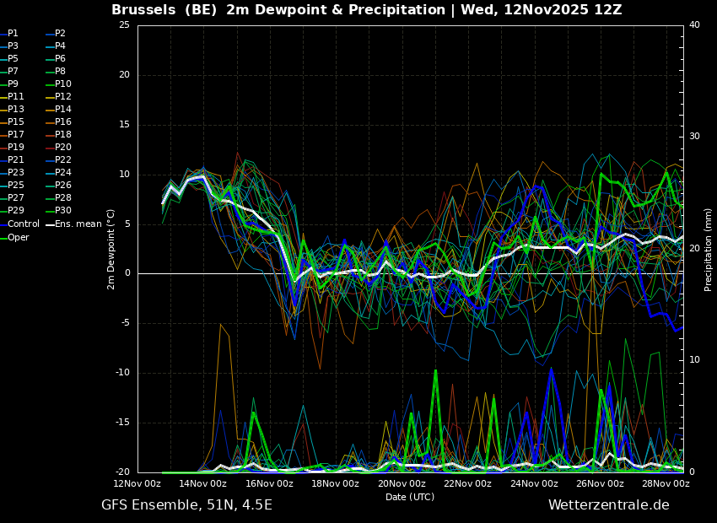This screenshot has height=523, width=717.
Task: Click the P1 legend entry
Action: click(x=9, y=34)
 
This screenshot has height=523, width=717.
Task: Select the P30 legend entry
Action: click(x=58, y=210)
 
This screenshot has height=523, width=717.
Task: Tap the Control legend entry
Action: click(x=19, y=224)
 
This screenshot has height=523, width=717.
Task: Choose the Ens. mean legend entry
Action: click(x=73, y=224)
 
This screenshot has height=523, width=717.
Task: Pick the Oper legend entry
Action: click(x=14, y=237)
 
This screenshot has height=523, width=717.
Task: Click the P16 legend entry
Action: click(x=58, y=121)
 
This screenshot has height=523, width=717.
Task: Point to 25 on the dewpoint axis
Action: click(x=124, y=24)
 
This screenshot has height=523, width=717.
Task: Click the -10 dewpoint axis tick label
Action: click(x=122, y=373)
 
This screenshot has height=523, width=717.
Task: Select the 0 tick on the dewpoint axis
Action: click(x=127, y=273)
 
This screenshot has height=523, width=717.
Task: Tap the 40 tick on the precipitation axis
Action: click(x=694, y=24)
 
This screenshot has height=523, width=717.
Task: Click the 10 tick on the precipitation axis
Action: click(x=694, y=360)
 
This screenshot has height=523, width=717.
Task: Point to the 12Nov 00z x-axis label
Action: click(x=137, y=483)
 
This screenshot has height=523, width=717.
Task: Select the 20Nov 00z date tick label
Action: click(x=402, y=483)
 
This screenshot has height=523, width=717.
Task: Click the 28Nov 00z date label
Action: click(x=666, y=483)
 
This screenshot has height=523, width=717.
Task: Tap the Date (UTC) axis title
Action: click(x=410, y=497)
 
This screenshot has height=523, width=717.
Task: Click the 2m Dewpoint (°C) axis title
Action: click(x=111, y=250)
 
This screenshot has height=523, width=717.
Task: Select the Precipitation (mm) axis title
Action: click(x=709, y=249)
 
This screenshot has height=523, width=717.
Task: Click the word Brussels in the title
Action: click(x=143, y=9)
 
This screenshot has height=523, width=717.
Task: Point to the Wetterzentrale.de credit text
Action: click(x=609, y=505)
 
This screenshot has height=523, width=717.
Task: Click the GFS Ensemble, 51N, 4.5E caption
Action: click(x=186, y=505)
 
